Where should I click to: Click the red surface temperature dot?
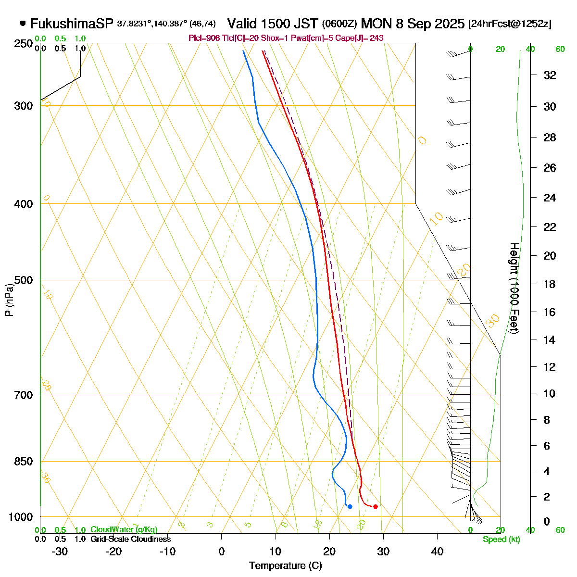click(x=376, y=506)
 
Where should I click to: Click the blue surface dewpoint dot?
click(x=350, y=506)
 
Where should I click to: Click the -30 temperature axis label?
click(x=59, y=552)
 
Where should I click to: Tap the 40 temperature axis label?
click(x=437, y=552)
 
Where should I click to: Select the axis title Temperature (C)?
click(x=285, y=566)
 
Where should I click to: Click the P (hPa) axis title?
click(x=9, y=300)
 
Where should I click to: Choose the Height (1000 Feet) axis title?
click(x=514, y=288)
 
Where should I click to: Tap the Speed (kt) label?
click(x=502, y=539)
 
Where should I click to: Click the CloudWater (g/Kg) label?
click(x=124, y=530)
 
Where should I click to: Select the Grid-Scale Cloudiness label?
click(x=130, y=539)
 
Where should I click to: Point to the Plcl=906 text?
click(x=202, y=38)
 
